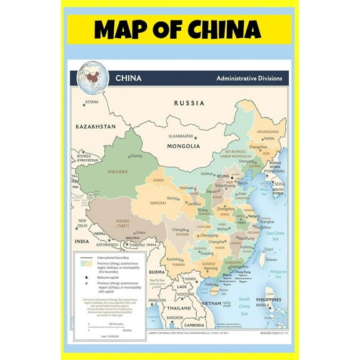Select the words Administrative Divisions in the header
point(249,79)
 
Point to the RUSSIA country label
point(189,103)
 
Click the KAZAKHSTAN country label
point(96,126)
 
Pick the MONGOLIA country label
point(182,146)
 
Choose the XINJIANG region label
point(117,171)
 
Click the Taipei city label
point(268,248)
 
